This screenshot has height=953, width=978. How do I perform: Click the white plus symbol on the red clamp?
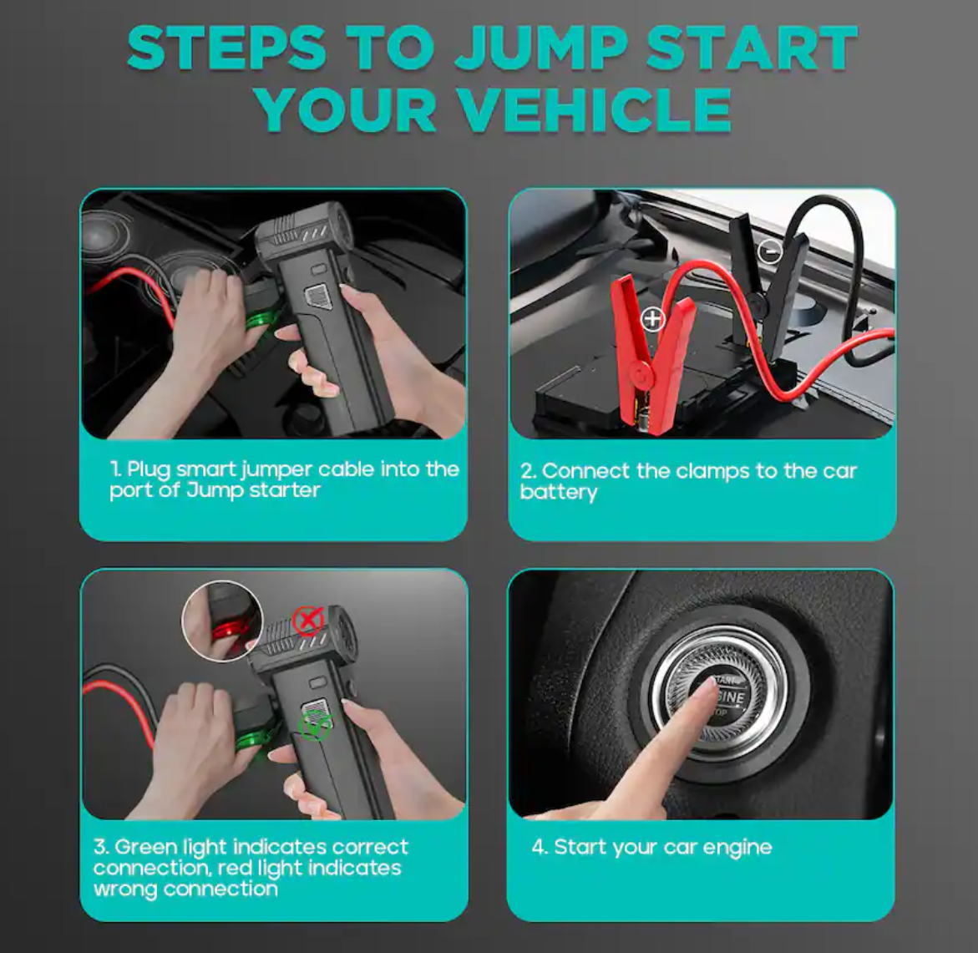point(652,319)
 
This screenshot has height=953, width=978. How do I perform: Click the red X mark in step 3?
point(307,621)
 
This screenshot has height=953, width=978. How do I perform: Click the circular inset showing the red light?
point(222,621)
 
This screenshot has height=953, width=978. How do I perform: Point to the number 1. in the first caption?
point(116,469)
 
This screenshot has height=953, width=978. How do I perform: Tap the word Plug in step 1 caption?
point(148,469)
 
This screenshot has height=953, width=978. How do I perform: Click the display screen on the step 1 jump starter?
point(318,297)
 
